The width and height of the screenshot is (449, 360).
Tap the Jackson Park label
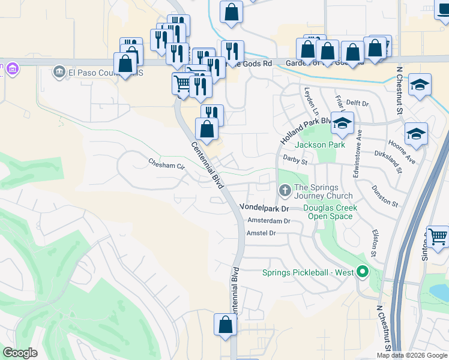coord(319,145)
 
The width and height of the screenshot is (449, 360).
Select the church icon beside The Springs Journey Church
coord(285,191)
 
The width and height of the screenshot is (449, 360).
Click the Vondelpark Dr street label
coord(265,207)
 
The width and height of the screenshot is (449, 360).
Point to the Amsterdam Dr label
coord(269,221)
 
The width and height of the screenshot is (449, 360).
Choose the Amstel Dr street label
coord(261,233)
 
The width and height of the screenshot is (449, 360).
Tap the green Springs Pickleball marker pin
coord(362,272)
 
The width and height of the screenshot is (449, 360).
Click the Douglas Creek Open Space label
coord(330,212)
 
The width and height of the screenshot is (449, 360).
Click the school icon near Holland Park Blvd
coord(343,124)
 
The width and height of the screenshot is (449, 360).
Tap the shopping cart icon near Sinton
coord(438,237)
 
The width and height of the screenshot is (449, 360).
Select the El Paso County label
coord(105,73)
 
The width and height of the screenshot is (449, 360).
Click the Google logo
coord(20,353)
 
